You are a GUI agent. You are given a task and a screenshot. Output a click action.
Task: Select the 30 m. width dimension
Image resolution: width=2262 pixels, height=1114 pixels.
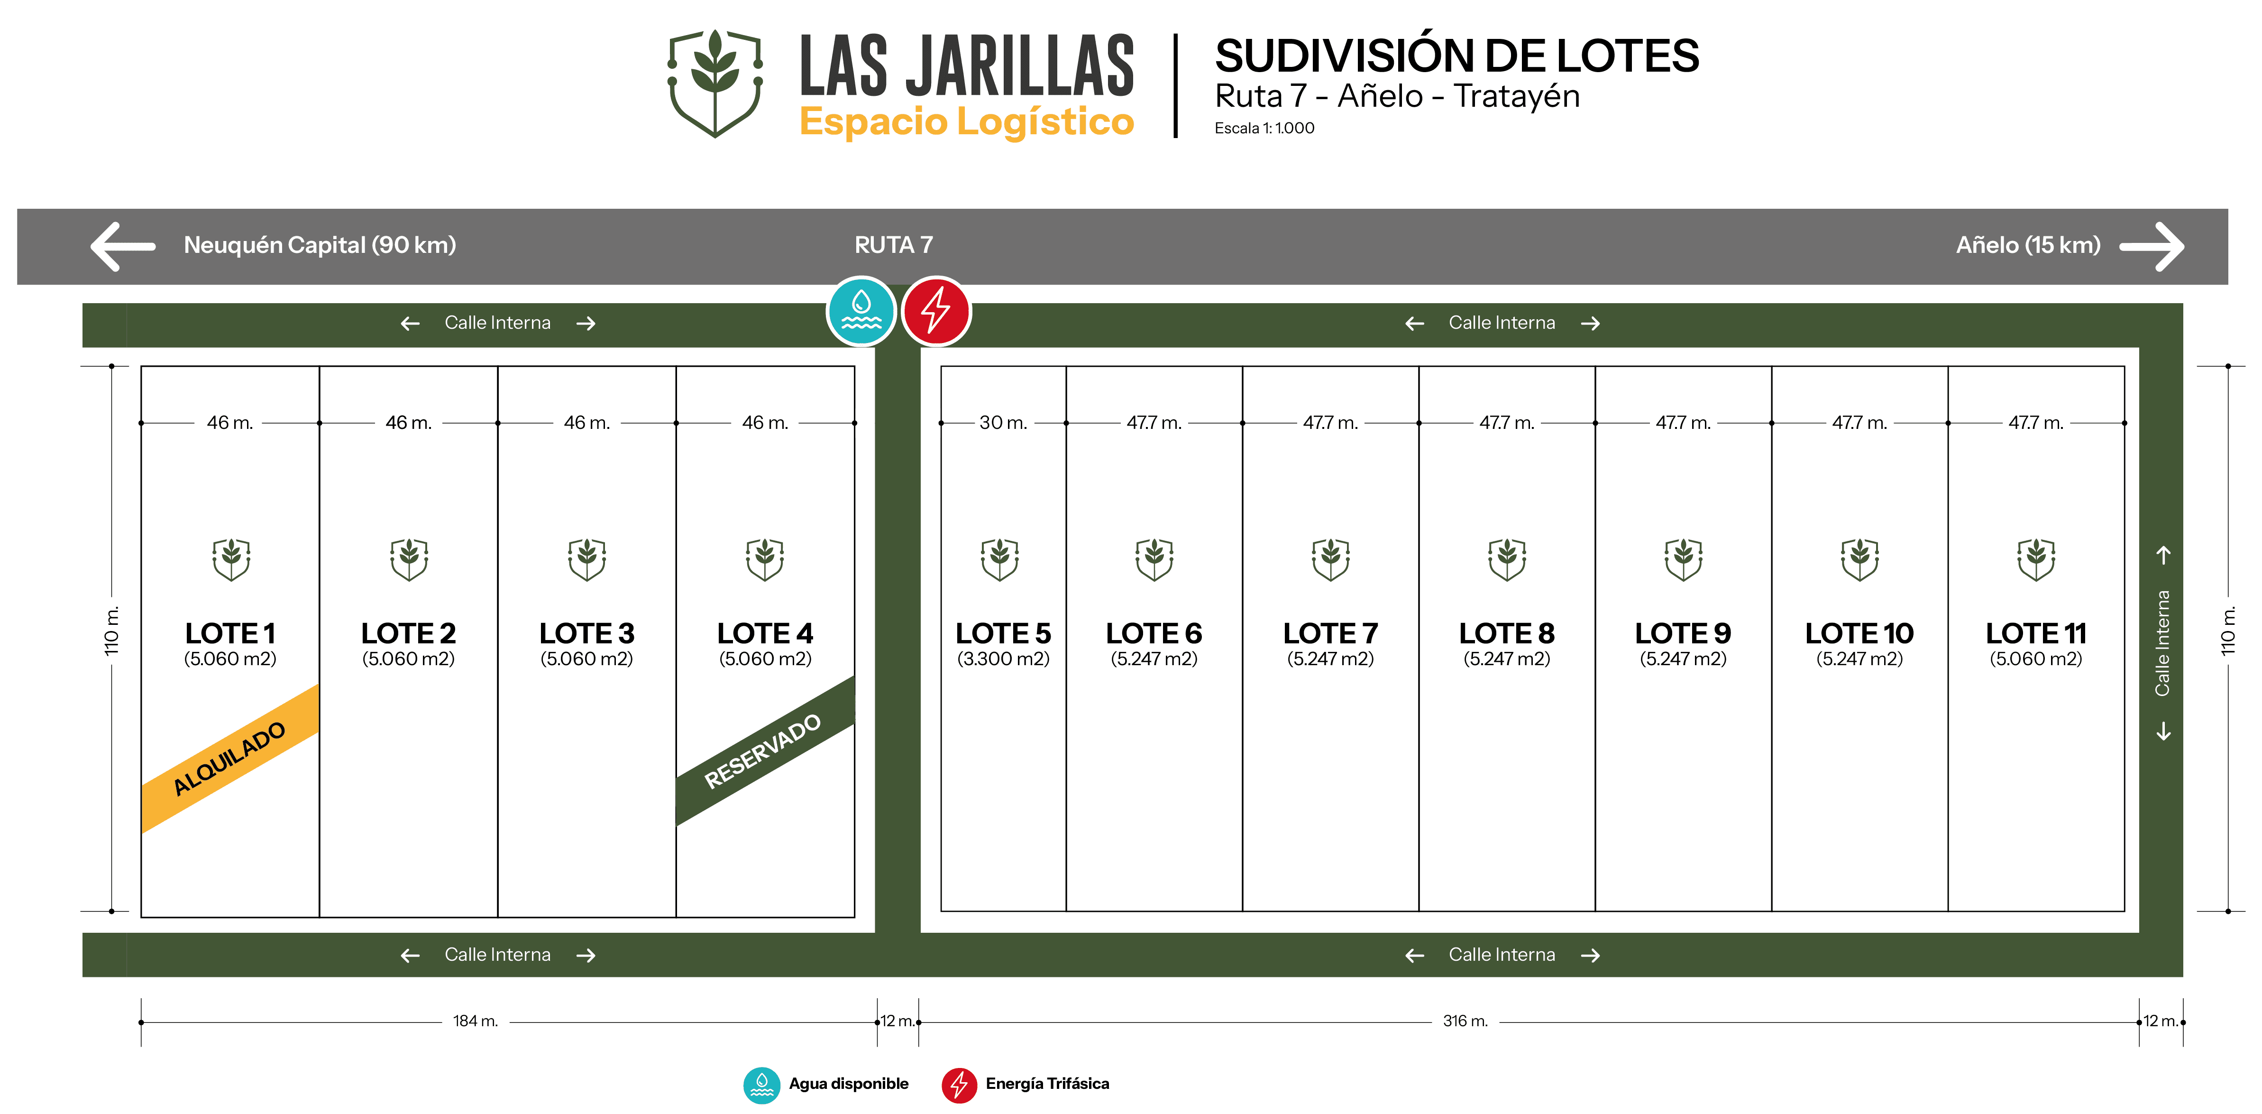point(1003,423)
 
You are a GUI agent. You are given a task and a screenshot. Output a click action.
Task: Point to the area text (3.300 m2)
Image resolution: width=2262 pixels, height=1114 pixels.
point(1003,659)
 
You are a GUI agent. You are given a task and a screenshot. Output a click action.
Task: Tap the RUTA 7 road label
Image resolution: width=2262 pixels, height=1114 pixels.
point(893,245)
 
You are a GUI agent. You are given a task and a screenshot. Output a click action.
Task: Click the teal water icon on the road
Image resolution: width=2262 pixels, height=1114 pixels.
point(861,311)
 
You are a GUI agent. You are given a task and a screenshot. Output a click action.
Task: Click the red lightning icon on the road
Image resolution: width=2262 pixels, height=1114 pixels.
point(936,311)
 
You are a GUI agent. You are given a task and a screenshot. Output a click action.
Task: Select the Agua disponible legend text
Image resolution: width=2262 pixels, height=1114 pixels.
point(848,1083)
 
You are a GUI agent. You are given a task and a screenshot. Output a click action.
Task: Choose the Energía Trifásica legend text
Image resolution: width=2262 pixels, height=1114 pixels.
point(1047,1083)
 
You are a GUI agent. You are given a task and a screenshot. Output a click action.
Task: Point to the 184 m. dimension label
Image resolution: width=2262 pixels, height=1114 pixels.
point(475,1021)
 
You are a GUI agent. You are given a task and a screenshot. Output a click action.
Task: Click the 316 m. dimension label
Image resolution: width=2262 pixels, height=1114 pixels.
point(1465,1021)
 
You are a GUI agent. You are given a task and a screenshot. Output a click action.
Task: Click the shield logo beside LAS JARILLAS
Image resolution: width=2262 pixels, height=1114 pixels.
point(715,84)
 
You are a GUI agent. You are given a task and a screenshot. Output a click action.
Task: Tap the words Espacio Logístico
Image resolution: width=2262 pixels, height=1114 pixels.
point(966,121)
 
